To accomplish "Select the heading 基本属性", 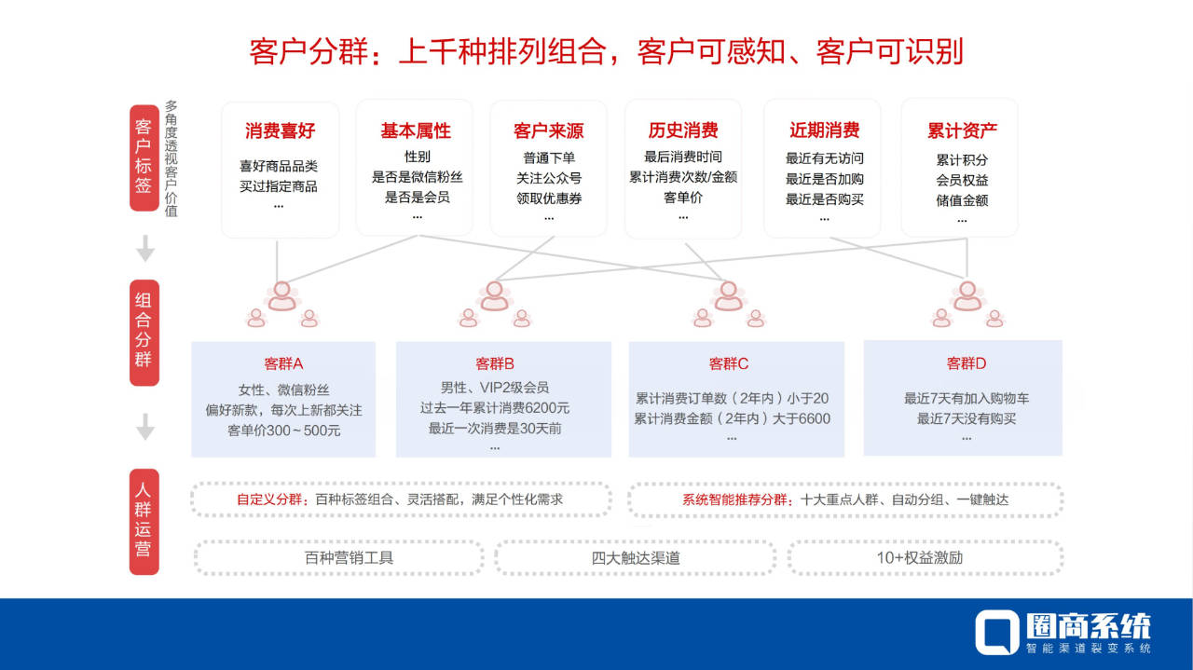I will pos(415,131).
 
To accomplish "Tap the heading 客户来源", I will pos(548,131).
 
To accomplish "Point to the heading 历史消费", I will pos(683,130).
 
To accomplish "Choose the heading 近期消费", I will pos(824,130).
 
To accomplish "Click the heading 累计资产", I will pos(962,130).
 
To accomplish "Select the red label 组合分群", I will pos(144,333).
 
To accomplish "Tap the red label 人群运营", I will pos(144,523).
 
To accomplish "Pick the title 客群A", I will pos(283,363).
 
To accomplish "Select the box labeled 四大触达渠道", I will pos(635,558).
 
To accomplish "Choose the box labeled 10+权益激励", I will pos(925,558).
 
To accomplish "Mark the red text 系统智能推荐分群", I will pos(740,499).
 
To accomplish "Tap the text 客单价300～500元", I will pos(283,431).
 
